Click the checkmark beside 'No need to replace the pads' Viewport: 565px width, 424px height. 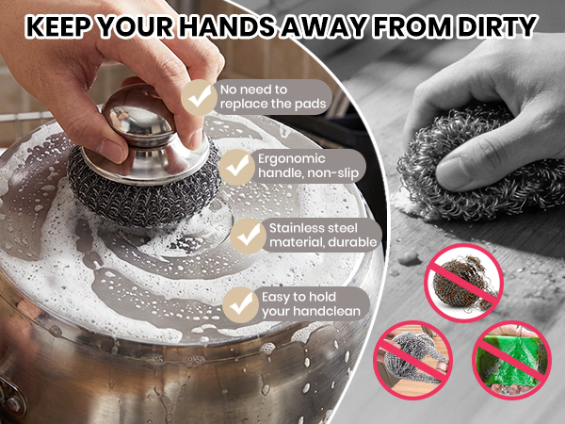(x=199, y=97)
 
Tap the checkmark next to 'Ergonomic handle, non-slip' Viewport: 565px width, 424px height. (x=236, y=167)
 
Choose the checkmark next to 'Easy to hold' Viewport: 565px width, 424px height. (x=240, y=304)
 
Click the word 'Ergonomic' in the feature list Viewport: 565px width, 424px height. (x=292, y=159)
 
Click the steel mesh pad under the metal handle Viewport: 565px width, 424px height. (x=143, y=191)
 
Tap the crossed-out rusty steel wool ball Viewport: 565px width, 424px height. (x=463, y=283)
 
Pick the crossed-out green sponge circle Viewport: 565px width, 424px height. (x=511, y=360)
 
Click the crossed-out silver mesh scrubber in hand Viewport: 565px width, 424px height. (x=413, y=360)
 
